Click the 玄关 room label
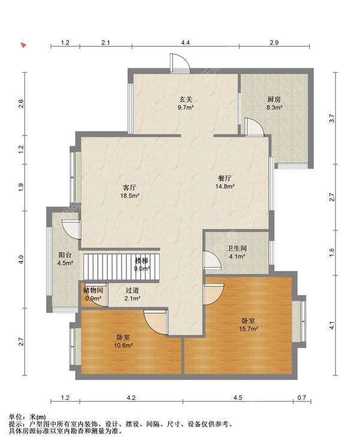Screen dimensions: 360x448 pyautogui.click(x=185, y=100)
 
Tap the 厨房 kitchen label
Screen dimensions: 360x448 pyautogui.click(x=274, y=100)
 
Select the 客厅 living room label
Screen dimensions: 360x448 pyautogui.click(x=129, y=188)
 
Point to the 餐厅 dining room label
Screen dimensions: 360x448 pyautogui.click(x=225, y=178)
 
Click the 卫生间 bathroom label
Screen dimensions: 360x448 pyautogui.click(x=237, y=248)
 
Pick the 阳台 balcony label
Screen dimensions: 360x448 pyautogui.click(x=65, y=255)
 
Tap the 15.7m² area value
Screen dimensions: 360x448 pyautogui.click(x=248, y=329)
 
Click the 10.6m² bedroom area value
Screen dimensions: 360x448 pyautogui.click(x=123, y=345)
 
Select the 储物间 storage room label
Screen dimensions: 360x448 pyautogui.click(x=93, y=291)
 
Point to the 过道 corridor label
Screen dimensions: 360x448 pyautogui.click(x=133, y=291)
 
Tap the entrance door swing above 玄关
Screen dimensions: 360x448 pyautogui.click(x=179, y=63)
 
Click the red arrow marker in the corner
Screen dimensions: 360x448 pyautogui.click(x=23, y=45)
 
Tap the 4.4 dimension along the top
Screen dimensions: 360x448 pyautogui.click(x=185, y=43)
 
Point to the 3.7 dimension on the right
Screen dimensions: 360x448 pyautogui.click(x=331, y=118)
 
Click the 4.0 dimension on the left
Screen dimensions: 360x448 pyautogui.click(x=21, y=260)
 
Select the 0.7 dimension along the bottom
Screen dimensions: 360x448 pyautogui.click(x=302, y=398)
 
